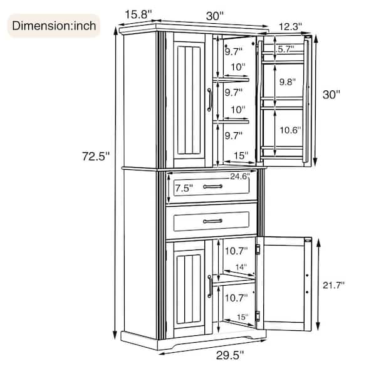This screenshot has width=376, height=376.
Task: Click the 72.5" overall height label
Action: (x=96, y=156)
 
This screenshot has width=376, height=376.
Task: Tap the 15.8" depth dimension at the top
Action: (x=138, y=14)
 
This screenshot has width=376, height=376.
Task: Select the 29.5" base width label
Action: (x=230, y=355)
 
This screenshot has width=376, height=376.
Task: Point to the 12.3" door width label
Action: (x=290, y=26)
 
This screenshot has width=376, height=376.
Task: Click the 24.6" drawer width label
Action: (x=240, y=177)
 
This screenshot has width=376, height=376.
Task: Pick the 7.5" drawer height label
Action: (x=184, y=188)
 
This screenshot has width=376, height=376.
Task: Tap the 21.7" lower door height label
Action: (x=333, y=285)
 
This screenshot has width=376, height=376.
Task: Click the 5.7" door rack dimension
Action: (x=285, y=49)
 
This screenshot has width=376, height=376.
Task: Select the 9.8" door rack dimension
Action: (x=288, y=82)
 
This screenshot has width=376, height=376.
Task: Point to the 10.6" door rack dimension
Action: (x=290, y=130)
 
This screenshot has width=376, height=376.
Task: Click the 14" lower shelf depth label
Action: (x=241, y=267)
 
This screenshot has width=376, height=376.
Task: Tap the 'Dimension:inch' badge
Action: (x=54, y=26)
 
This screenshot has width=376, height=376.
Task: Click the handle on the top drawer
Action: (x=212, y=186)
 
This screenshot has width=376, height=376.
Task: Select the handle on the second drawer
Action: (x=212, y=221)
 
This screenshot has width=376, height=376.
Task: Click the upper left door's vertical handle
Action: (x=209, y=100)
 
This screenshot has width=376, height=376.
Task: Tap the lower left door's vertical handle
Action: (x=209, y=286)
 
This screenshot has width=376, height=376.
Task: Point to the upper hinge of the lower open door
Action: (x=258, y=249)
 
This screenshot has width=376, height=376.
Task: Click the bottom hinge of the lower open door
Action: (x=258, y=316)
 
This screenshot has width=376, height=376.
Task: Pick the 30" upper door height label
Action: (x=332, y=95)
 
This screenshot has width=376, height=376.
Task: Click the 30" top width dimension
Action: (x=215, y=16)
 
